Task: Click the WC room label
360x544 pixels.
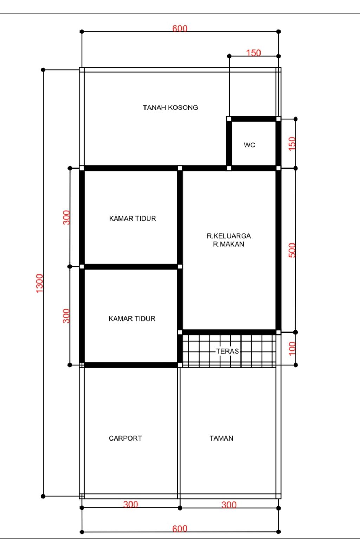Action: [249, 145]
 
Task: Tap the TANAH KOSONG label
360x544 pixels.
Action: [170, 107]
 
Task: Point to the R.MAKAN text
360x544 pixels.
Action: [229, 244]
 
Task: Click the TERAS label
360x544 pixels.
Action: [227, 351]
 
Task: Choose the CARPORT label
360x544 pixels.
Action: [125, 438]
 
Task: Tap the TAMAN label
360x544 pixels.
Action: [221, 438]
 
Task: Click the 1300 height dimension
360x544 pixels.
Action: [39, 283]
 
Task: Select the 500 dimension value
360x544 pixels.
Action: [292, 250]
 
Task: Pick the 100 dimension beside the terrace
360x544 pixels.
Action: [292, 348]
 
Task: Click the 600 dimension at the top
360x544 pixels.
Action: [180, 29]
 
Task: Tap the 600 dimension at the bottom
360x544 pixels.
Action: [180, 529]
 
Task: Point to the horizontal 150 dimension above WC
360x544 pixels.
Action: [253, 53]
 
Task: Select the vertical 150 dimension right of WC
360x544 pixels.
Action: [292, 144]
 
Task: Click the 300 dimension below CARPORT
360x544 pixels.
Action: [130, 505]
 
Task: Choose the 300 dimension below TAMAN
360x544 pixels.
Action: [229, 505]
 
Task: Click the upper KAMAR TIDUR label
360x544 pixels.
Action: [133, 218]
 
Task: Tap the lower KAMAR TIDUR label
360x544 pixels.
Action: [132, 318]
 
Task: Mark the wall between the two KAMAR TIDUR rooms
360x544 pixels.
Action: [131, 267]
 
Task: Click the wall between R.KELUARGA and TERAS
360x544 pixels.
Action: [229, 332]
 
